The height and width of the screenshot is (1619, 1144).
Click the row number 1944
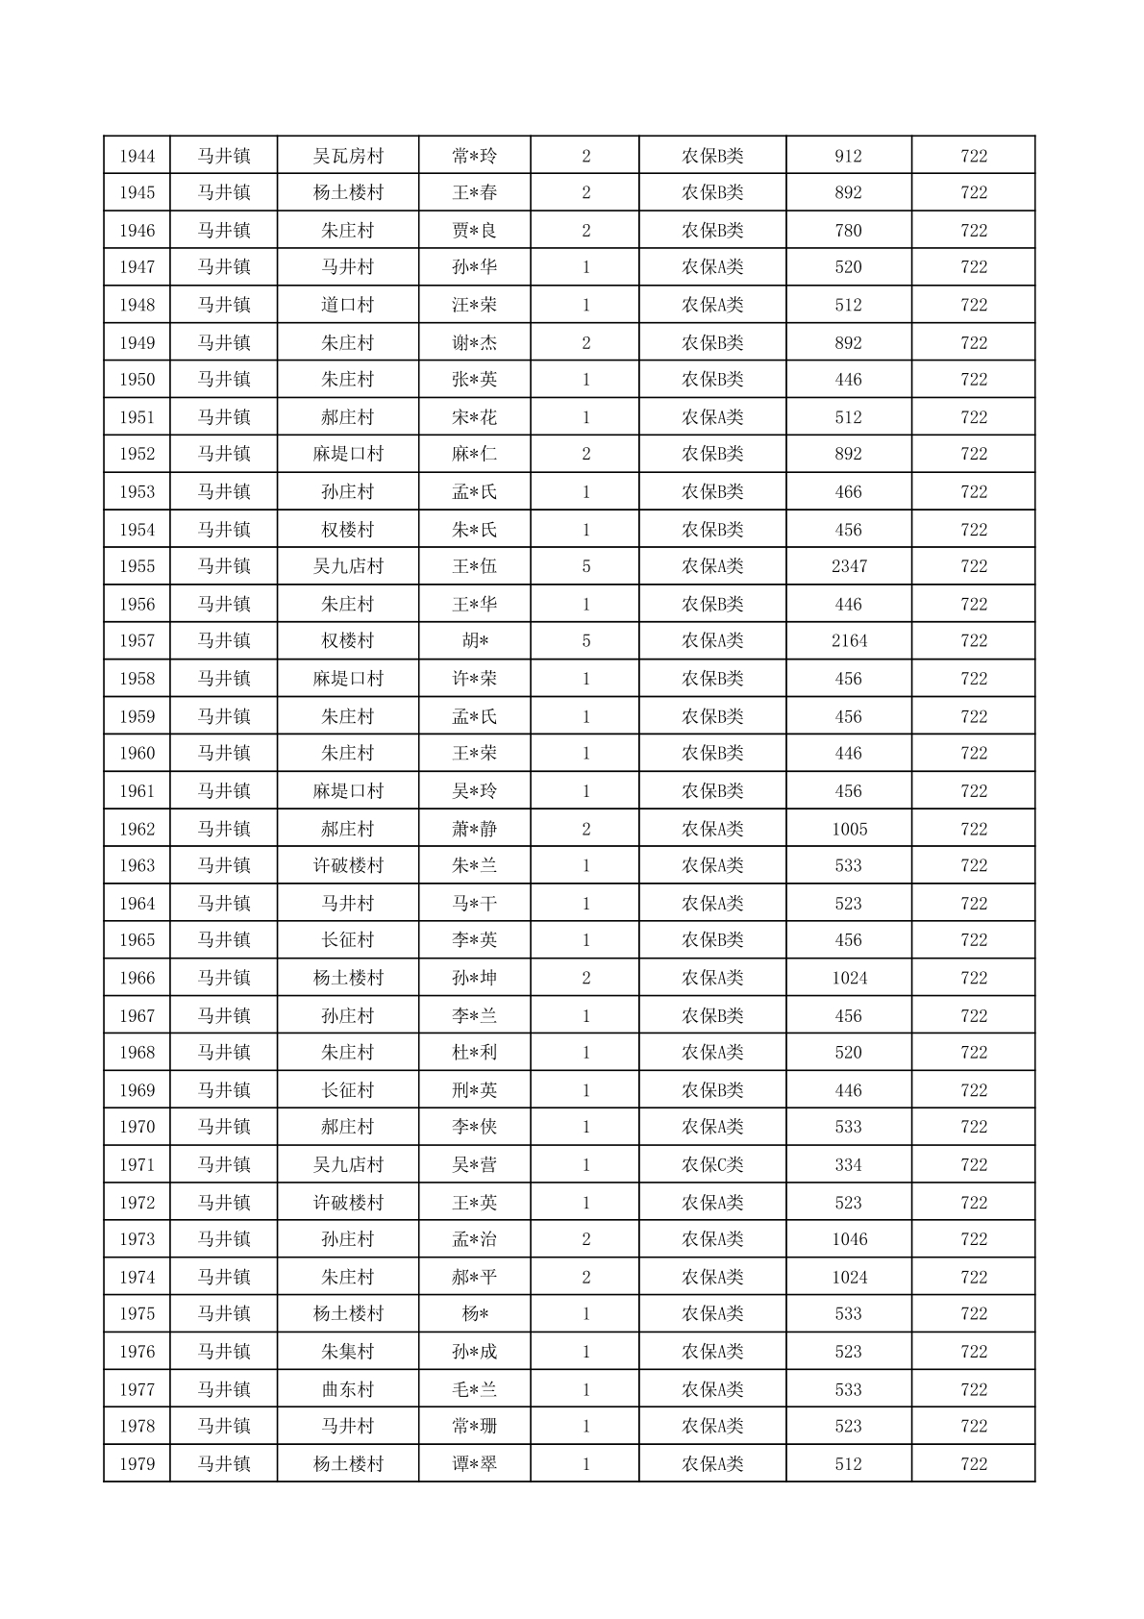pos(137,156)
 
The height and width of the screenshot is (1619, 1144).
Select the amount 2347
pos(849,566)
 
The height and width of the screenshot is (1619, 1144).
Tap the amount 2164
pos(849,641)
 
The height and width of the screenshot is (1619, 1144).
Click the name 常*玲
pos(475,156)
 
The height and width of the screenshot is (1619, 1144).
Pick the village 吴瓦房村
pos(348,156)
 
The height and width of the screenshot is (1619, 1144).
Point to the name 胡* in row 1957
pos(475,641)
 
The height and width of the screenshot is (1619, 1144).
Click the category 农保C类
pos(712,1165)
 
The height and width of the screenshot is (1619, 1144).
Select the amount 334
pos(849,1165)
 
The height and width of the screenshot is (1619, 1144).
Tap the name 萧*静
pos(475,829)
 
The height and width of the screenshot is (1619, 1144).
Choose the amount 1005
pos(849,829)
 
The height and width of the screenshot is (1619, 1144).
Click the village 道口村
pos(348,305)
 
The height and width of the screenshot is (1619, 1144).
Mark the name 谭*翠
pos(475,1464)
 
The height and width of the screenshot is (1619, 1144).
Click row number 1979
pos(137,1464)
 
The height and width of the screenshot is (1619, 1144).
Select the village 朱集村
pos(348,1352)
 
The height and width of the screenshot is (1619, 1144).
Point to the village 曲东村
pos(348,1389)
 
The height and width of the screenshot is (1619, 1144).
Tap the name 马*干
pos(475,904)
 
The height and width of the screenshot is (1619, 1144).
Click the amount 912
pos(849,156)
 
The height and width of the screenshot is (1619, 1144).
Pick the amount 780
pos(849,231)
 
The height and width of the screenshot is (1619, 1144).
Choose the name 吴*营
pos(475,1165)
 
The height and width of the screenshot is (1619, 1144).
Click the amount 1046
pos(849,1239)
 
